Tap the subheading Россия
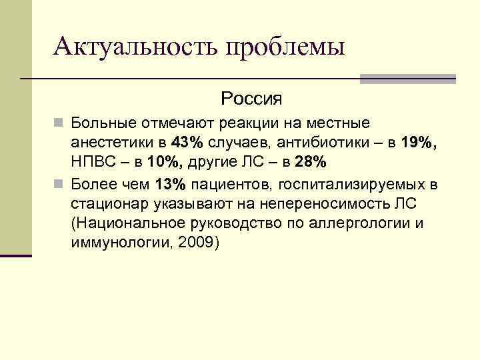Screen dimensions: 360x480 pos(251,99)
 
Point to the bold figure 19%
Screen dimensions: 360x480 pos(419,142)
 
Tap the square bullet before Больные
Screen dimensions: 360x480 pos(59,123)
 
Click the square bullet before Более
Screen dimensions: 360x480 pos(59,183)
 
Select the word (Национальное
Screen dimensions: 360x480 pos(129,223)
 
